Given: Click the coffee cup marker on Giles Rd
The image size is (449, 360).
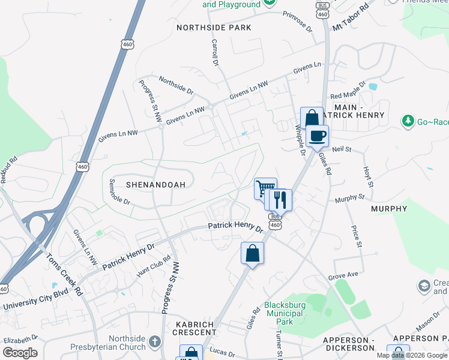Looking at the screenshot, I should pos(317,136).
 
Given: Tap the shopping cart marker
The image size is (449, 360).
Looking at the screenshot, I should pos(263,188).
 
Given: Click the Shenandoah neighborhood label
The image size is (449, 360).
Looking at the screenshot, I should pos(151,184).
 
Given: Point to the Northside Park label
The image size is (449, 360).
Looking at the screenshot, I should pos(214,28).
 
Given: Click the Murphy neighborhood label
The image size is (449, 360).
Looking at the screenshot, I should pos(389,209).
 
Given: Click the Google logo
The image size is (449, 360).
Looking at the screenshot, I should pos(19,352).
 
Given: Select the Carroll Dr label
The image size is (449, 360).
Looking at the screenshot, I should pos(214,52).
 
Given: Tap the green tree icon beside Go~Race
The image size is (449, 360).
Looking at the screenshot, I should pos(408,121).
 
